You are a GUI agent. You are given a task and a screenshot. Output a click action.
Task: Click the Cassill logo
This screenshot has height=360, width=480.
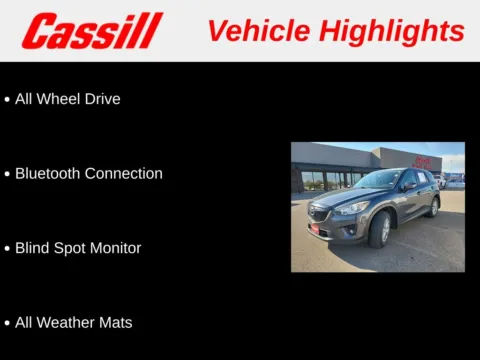[x=92, y=31]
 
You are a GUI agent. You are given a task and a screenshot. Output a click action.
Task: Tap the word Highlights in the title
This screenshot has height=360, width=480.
[x=389, y=31]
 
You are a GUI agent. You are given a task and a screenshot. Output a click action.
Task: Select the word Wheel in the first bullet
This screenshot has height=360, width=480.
[x=61, y=99]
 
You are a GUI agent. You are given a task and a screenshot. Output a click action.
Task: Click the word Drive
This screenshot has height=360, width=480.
[x=103, y=99]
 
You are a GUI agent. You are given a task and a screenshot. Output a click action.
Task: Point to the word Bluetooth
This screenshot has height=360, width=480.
[x=48, y=173]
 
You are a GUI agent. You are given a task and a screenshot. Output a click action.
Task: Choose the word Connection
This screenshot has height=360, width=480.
[x=124, y=173]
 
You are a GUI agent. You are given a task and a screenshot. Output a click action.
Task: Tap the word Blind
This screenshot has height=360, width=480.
[x=32, y=248]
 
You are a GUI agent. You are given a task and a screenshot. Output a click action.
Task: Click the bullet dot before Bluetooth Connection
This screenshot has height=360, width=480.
[x=8, y=174]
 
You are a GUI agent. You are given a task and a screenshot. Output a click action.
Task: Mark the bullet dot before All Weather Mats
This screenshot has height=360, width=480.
[x=8, y=323]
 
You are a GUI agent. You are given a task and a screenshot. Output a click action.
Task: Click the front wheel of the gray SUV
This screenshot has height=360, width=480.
[x=381, y=231]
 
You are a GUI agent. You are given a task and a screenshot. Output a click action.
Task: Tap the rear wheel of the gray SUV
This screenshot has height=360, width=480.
[x=434, y=207]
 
